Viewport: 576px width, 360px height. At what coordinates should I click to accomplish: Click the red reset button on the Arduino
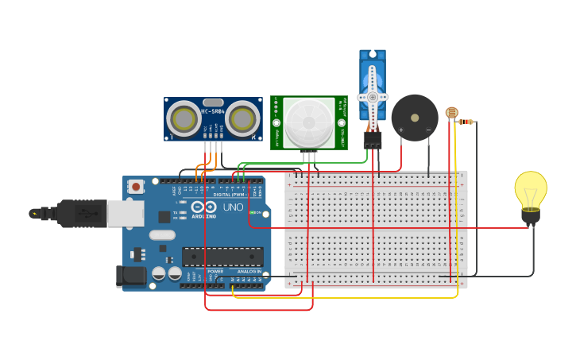click(x=136, y=187)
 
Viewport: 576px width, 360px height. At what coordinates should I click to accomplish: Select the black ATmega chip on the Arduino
click(x=222, y=257)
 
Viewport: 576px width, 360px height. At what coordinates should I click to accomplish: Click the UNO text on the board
click(x=233, y=207)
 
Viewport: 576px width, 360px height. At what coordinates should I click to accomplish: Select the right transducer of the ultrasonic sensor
click(x=242, y=120)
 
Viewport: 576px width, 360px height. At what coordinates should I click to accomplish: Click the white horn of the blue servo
click(x=372, y=95)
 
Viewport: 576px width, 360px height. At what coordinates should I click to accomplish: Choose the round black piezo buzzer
click(x=414, y=118)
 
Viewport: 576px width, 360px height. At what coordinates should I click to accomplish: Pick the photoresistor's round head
click(x=451, y=113)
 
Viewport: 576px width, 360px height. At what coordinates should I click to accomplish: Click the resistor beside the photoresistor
click(x=466, y=122)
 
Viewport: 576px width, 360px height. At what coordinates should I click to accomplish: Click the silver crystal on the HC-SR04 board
click(x=213, y=103)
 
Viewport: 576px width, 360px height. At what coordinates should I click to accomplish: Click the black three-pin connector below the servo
click(x=372, y=139)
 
